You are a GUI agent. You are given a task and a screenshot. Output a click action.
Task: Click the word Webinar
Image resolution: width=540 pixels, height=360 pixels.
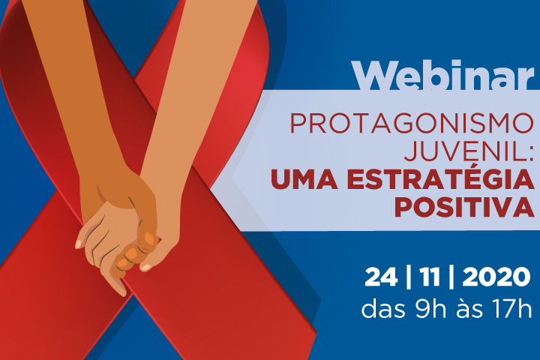[x=442, y=75]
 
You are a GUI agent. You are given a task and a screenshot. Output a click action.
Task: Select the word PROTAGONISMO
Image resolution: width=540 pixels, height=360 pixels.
[x=412, y=123]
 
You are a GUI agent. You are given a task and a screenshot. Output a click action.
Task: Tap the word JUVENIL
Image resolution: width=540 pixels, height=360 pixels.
[x=463, y=151]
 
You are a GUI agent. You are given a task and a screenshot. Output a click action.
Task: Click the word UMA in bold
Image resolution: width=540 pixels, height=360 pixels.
[x=304, y=179]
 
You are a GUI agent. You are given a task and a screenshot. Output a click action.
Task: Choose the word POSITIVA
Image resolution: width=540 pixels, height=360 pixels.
[x=464, y=208]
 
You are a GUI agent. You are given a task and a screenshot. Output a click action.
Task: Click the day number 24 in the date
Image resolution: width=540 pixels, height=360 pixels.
[x=381, y=277]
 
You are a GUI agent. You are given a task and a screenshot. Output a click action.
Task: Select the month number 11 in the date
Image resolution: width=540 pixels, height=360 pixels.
[x=430, y=277]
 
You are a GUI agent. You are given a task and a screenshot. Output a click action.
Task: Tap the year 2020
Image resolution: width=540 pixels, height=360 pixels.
[x=496, y=277]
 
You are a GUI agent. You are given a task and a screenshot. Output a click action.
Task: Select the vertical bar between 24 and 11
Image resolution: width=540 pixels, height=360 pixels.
[x=409, y=277]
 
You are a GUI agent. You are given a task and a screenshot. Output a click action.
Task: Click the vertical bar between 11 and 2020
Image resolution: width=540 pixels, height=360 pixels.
[x=451, y=277]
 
